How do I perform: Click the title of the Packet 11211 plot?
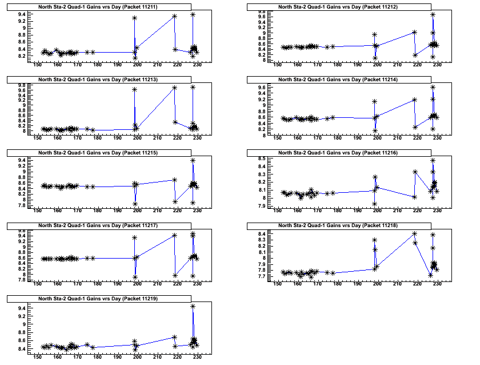98,6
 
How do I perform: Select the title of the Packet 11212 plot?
338,6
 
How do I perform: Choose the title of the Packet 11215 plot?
98,153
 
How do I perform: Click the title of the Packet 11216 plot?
338,153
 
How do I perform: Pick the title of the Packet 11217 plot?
98,226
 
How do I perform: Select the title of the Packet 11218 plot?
338,226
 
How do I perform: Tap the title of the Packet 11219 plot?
98,299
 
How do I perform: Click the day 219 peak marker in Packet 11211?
174,16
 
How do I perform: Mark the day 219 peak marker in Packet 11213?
174,88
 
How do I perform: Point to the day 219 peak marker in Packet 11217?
174,235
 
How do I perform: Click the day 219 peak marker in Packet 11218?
414,233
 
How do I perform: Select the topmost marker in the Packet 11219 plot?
193,307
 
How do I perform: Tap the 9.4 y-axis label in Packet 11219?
21,309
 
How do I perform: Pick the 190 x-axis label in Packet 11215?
117,211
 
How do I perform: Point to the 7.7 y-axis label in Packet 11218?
261,277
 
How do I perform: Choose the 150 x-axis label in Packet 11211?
37,65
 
